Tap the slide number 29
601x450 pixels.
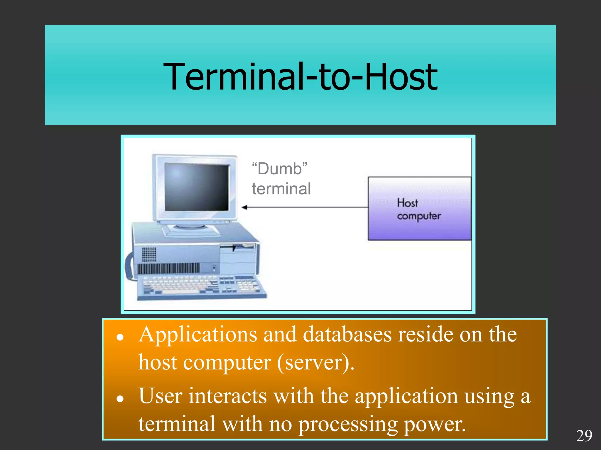pos(584,436)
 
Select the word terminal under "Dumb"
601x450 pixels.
pos(281,189)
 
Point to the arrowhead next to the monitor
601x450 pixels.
pos(244,207)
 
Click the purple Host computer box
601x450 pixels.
pos(420,209)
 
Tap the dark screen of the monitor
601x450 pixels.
pos(196,187)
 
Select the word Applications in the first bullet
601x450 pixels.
pos(198,335)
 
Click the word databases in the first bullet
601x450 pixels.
pos(347,335)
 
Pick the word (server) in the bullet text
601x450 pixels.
pos(315,363)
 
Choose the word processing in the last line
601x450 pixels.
pos(348,425)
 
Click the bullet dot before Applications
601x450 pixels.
pos(119,337)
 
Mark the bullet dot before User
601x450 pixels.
pos(119,399)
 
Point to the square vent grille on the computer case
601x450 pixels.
pos(149,254)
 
